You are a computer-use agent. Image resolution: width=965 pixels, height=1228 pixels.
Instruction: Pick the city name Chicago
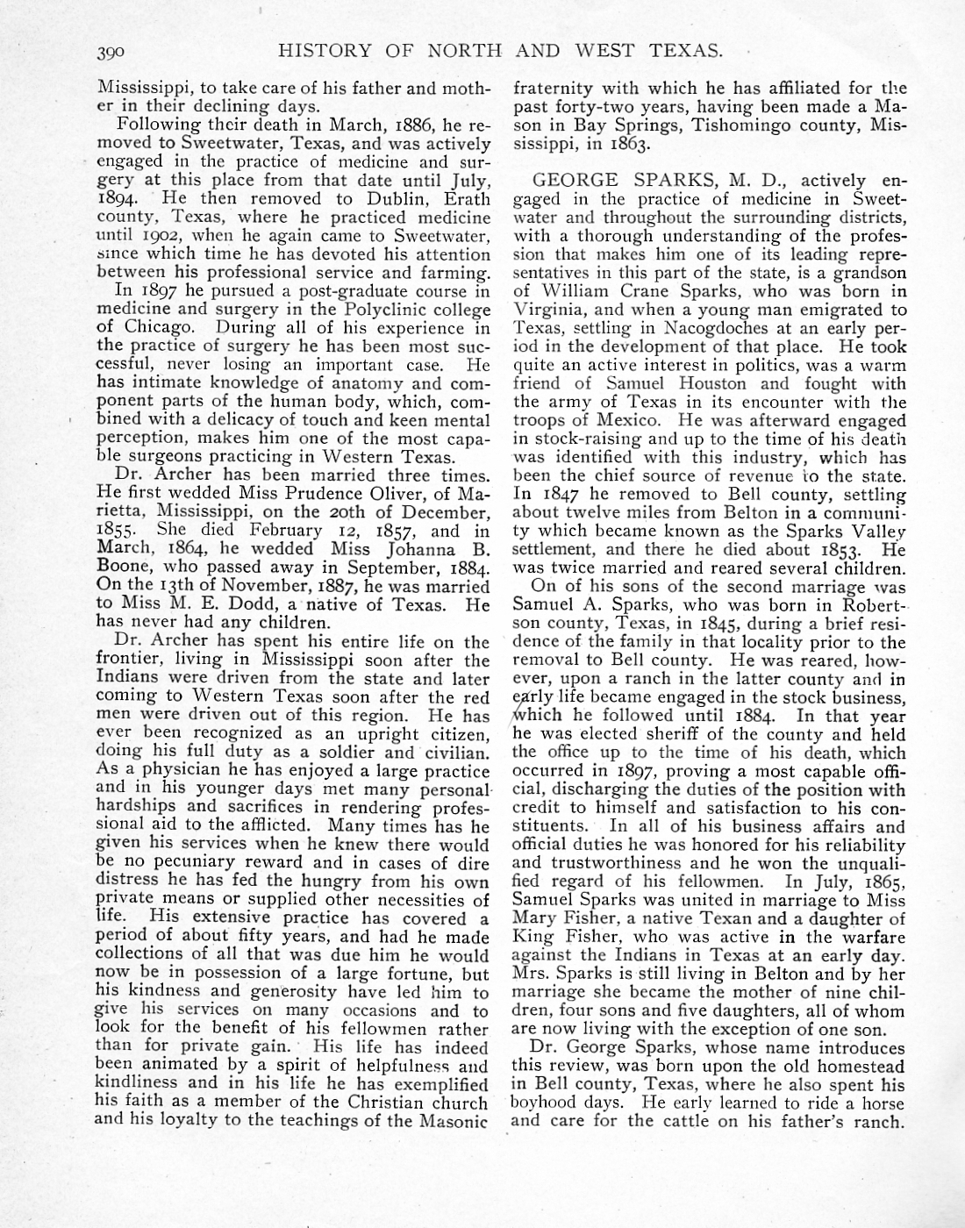[x=161, y=328]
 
